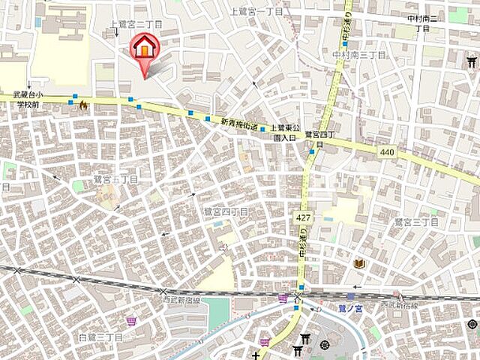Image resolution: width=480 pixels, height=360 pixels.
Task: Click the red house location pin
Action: [x=142, y=49]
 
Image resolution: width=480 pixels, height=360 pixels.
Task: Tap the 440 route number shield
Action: [x=387, y=152]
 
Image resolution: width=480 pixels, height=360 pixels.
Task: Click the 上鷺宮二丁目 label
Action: [x=136, y=25]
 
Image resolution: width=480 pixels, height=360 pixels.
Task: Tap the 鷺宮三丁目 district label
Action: [x=416, y=222]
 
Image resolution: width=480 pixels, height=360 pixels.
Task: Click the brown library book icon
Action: [x=359, y=263]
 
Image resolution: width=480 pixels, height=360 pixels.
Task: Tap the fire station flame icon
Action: [x=82, y=106]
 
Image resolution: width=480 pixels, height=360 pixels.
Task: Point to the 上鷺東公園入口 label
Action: [x=285, y=132]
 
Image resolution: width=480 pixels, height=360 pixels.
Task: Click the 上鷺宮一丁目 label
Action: [x=257, y=12]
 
